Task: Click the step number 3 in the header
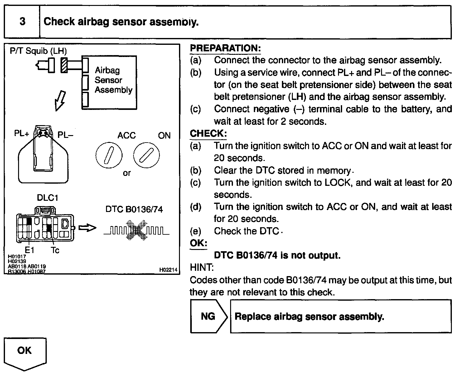coord(22,22)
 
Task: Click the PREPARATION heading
coord(225,48)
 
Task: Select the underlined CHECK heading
coord(208,134)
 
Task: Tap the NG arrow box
coord(208,316)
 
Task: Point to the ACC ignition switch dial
coord(109,155)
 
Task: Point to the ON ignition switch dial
coord(146,155)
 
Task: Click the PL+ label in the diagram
coord(22,134)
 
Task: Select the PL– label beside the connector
coord(65,135)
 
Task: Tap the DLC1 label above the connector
coord(47,198)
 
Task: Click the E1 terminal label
coord(30,250)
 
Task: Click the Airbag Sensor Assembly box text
coord(114,80)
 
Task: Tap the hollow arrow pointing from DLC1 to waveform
coord(87,228)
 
